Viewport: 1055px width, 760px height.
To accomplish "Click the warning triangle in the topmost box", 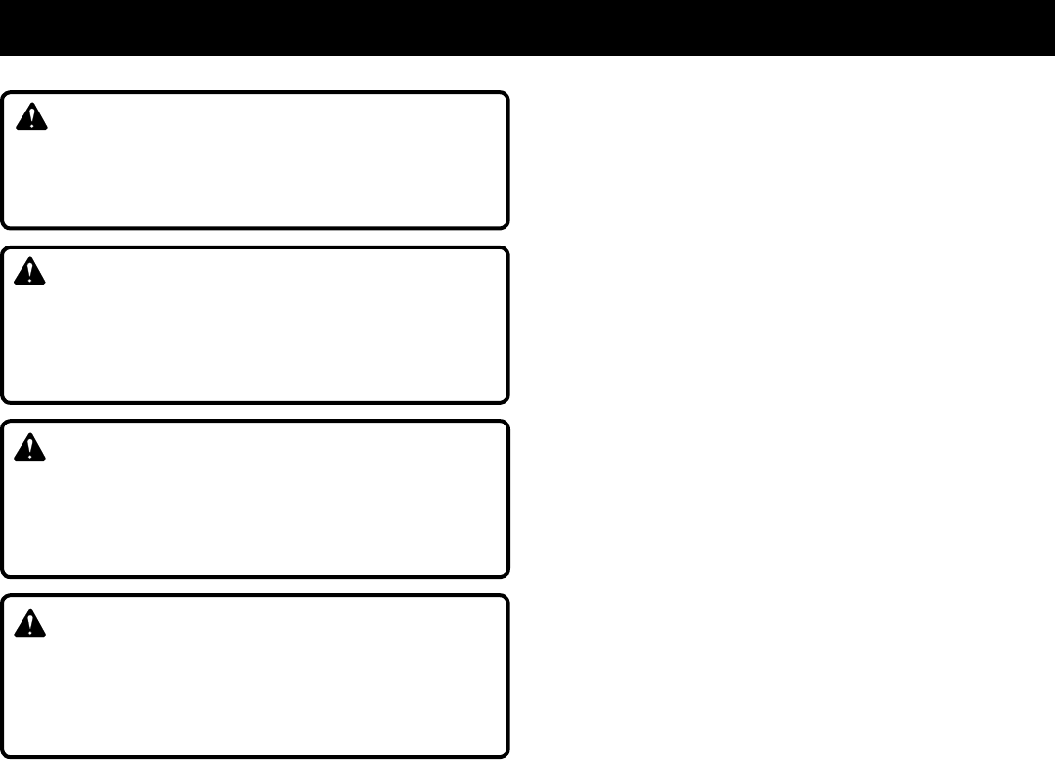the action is [x=33, y=118].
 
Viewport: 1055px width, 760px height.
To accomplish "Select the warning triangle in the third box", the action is [x=33, y=447].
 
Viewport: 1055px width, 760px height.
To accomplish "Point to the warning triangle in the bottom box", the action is [x=33, y=621].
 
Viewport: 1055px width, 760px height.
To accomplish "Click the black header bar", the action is [x=527, y=27].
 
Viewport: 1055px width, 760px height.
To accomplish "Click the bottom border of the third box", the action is [x=254, y=575].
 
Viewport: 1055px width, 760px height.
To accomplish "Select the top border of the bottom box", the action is [x=254, y=596].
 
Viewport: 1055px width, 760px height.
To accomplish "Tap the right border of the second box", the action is [x=507, y=325].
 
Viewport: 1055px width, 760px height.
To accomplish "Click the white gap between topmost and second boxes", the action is [x=254, y=238].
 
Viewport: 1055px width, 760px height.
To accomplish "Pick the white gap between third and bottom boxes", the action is [x=254, y=585].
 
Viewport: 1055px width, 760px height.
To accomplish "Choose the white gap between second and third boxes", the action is [x=254, y=412].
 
